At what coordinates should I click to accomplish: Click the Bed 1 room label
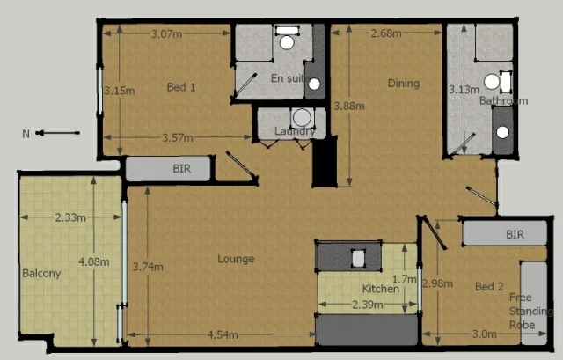click(x=180, y=87)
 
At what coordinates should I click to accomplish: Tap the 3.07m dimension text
click(x=166, y=34)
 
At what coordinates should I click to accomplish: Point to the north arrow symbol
click(x=53, y=134)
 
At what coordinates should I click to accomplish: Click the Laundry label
click(x=295, y=132)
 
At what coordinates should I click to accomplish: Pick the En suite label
click(x=287, y=78)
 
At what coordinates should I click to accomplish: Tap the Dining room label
click(x=404, y=84)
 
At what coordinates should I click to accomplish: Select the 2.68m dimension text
click(x=386, y=33)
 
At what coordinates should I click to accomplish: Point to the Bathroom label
click(x=503, y=101)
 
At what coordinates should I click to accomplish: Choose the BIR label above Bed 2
click(x=515, y=235)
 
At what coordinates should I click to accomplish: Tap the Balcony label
click(x=41, y=273)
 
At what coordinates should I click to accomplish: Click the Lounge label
click(x=236, y=259)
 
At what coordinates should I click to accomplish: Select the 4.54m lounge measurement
click(x=223, y=334)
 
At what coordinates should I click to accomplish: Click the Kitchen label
click(x=381, y=289)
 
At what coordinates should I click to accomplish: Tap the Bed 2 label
click(x=489, y=287)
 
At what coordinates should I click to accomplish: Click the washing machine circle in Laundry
click(x=302, y=117)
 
